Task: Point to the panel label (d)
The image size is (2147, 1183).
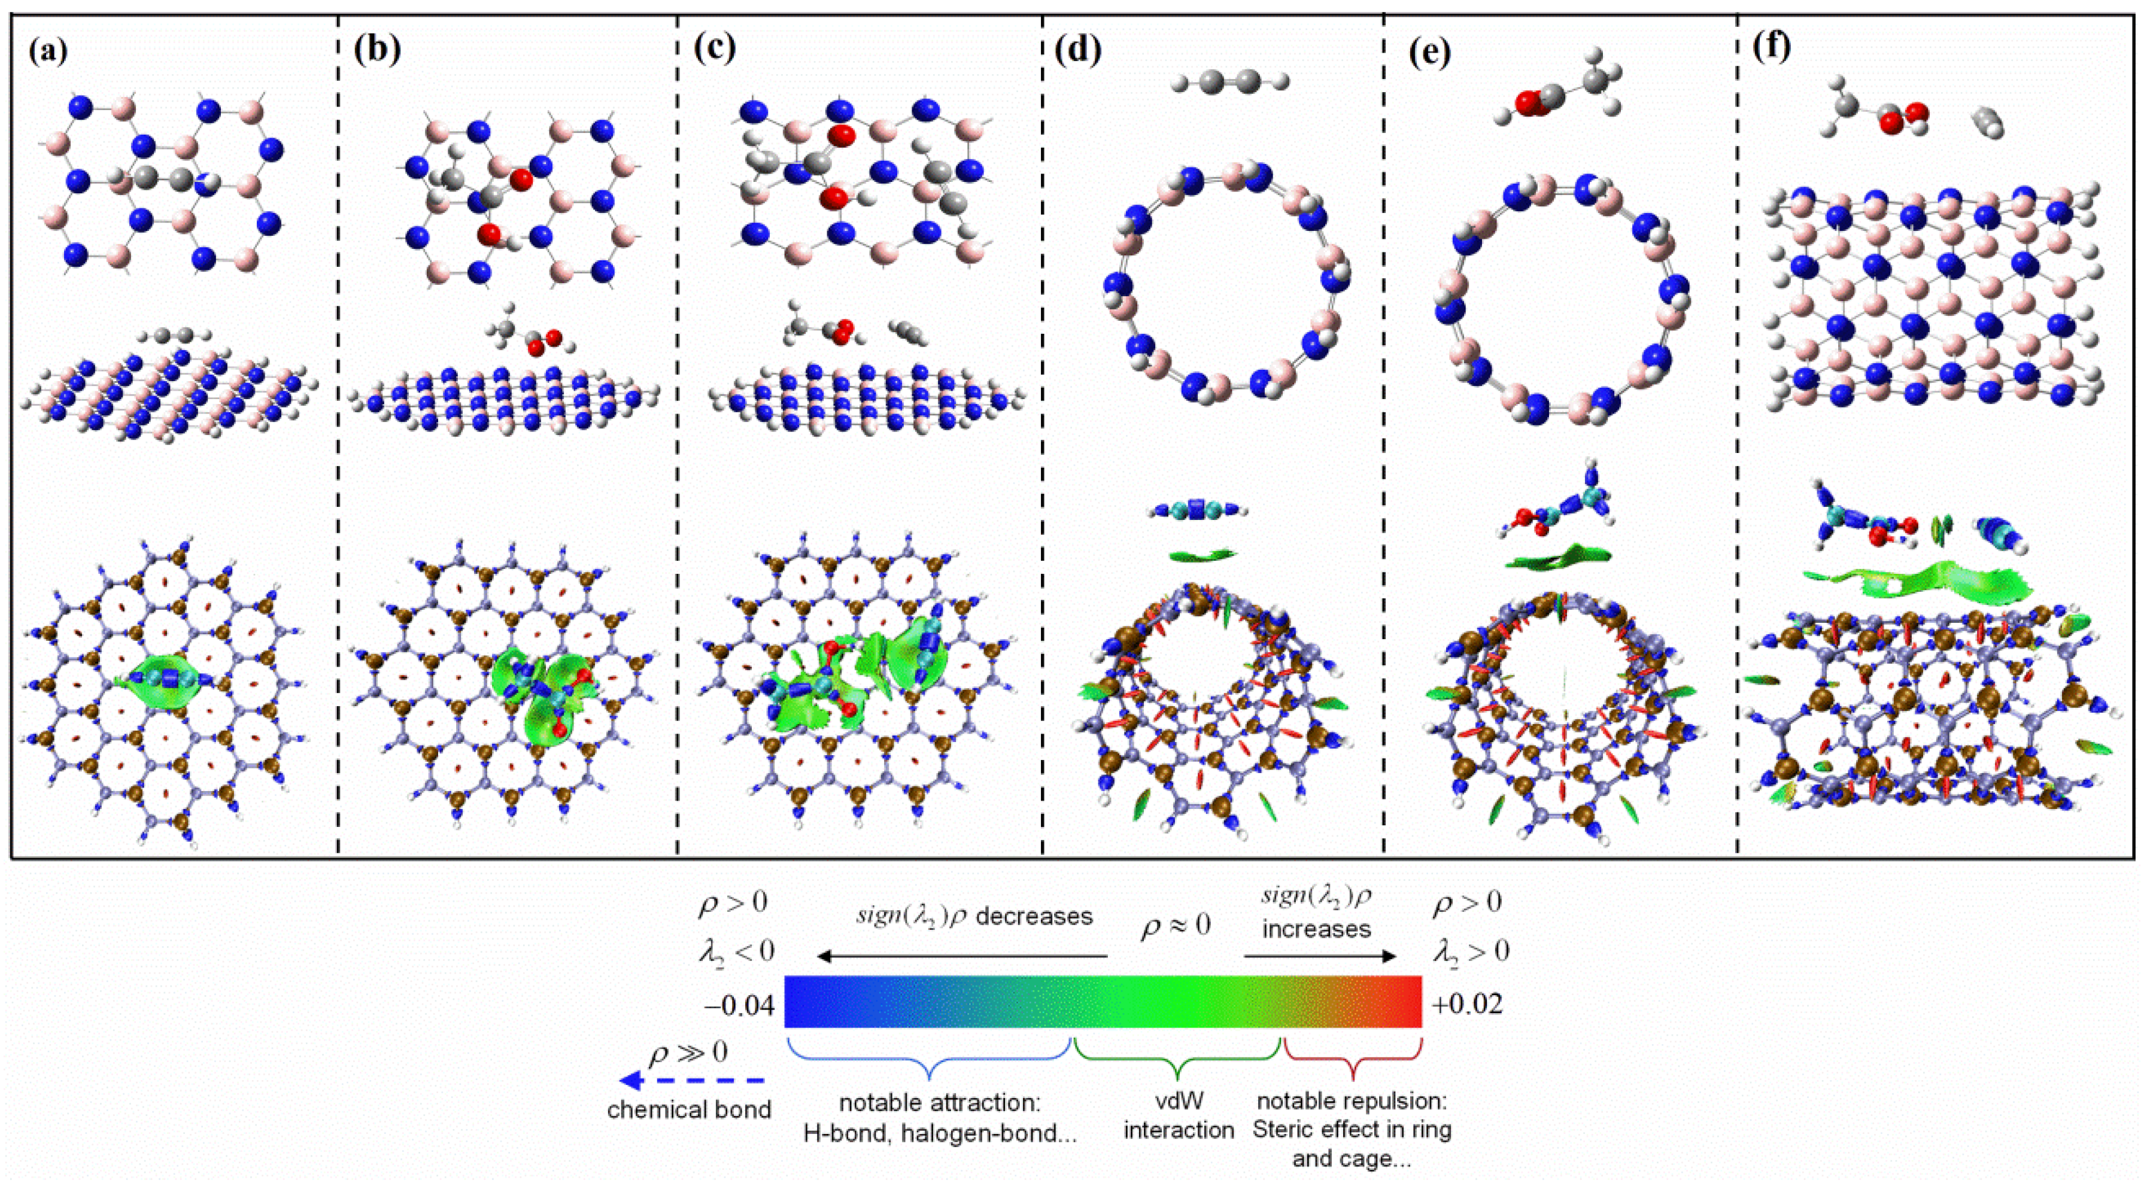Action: tap(1077, 51)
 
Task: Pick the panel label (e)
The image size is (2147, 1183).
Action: tap(1429, 51)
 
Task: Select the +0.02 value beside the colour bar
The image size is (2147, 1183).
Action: tap(1467, 1005)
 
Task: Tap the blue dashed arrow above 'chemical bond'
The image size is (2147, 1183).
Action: tap(692, 1081)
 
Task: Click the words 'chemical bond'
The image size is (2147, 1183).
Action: tap(688, 1111)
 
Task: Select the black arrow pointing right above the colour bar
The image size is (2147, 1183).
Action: tap(1320, 956)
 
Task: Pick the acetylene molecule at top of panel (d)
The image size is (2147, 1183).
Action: tap(1229, 81)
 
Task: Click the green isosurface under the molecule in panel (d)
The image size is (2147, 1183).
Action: tap(1202, 555)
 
